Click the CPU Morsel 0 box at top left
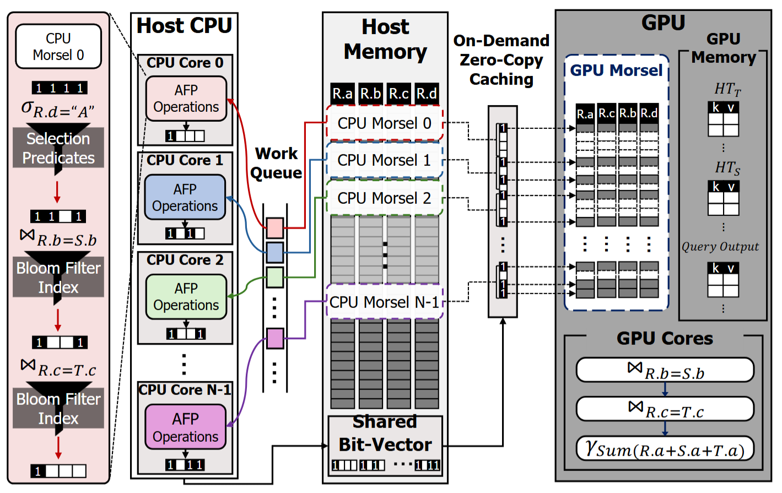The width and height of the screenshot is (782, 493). coord(58,47)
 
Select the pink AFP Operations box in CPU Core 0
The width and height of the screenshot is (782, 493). coord(186,99)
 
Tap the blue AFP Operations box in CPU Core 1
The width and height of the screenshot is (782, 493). coord(185,198)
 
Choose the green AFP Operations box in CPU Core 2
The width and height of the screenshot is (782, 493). coord(186,297)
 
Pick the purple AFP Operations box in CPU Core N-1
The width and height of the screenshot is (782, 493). coord(186,427)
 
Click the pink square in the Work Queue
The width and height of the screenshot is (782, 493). coord(274,227)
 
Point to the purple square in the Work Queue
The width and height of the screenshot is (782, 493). coord(274,338)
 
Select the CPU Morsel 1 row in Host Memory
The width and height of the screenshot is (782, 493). coord(384,160)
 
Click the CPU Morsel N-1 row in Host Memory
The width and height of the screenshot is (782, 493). coord(384,302)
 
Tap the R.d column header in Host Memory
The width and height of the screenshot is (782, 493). coord(427,94)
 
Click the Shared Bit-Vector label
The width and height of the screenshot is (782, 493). coord(385,434)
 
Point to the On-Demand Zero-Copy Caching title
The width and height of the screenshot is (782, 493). coord(501,60)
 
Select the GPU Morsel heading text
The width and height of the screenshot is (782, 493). coord(616,71)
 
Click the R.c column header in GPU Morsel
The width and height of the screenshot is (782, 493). coord(607,113)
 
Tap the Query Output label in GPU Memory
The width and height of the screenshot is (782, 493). coord(720,247)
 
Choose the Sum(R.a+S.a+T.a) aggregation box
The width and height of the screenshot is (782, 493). coord(665,449)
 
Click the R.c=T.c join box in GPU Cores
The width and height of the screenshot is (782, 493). coord(665,409)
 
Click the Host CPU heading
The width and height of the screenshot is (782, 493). coord(184,26)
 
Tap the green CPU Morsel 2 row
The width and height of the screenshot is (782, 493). coord(384,198)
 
